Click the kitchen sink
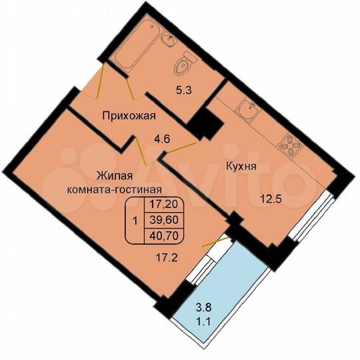pos(247,113)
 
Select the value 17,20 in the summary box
pos(163,207)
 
